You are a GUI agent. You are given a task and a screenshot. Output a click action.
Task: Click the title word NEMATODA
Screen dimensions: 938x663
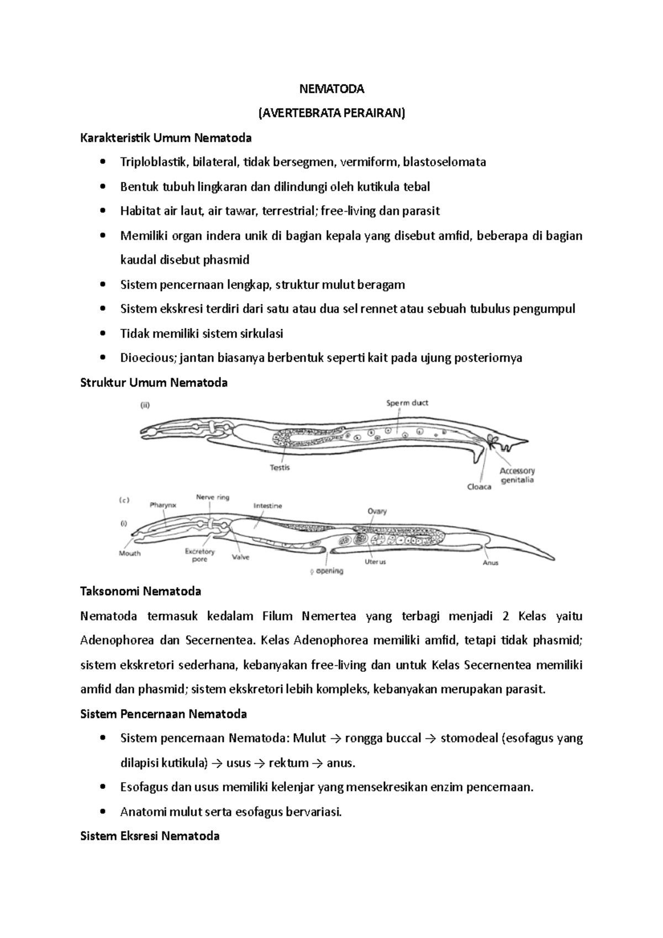pyautogui.click(x=331, y=88)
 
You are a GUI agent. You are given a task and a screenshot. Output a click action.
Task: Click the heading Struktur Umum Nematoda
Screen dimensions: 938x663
pyautogui.click(x=154, y=382)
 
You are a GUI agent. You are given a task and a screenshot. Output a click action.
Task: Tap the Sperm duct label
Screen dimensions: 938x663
pyautogui.click(x=407, y=403)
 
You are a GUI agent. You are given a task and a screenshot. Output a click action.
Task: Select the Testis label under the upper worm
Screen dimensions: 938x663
pyautogui.click(x=280, y=467)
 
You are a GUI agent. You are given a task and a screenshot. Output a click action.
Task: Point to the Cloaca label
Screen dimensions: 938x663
pyautogui.click(x=479, y=487)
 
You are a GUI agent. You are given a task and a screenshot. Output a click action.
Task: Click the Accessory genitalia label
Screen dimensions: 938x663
pyautogui.click(x=517, y=475)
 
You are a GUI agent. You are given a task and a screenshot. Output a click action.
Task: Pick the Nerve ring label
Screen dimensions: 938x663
pyautogui.click(x=213, y=497)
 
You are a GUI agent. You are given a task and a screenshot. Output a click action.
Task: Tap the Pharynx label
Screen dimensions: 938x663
pyautogui.click(x=163, y=504)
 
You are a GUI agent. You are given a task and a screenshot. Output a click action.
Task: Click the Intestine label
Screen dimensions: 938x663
pyautogui.click(x=268, y=505)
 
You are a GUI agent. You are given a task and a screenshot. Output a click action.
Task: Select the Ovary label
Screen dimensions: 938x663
pyautogui.click(x=377, y=512)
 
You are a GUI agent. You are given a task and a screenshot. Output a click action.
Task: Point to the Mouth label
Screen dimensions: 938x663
pyautogui.click(x=130, y=553)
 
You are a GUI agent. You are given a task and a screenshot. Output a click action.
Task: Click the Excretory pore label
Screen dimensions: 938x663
pyautogui.click(x=199, y=555)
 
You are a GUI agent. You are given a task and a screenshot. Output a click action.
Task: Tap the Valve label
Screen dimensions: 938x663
pyautogui.click(x=241, y=557)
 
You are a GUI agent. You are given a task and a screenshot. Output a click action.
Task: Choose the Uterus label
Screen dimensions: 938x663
pyautogui.click(x=375, y=562)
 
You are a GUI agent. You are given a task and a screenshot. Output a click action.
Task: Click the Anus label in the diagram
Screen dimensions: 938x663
pyautogui.click(x=491, y=562)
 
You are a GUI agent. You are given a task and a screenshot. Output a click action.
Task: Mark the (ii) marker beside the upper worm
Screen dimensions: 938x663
pyautogui.click(x=144, y=405)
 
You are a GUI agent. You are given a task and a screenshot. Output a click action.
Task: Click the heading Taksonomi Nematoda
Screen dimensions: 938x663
pyautogui.click(x=140, y=592)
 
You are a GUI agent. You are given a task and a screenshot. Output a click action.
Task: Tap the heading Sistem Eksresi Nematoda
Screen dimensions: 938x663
pyautogui.click(x=150, y=836)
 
